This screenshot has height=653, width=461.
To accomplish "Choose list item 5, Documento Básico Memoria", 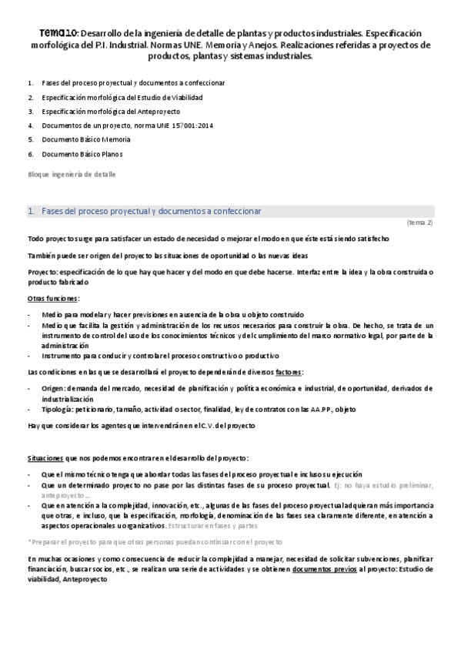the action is coord(86,139).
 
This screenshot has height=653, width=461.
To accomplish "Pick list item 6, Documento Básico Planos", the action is coord(82,154).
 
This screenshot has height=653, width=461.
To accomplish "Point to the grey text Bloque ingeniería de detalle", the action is coord(72,174).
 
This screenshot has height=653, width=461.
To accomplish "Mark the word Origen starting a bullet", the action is coord(54,388).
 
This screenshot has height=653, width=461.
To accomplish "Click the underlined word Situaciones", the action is coord(45,458).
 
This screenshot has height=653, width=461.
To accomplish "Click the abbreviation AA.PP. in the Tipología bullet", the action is coord(306,410).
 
